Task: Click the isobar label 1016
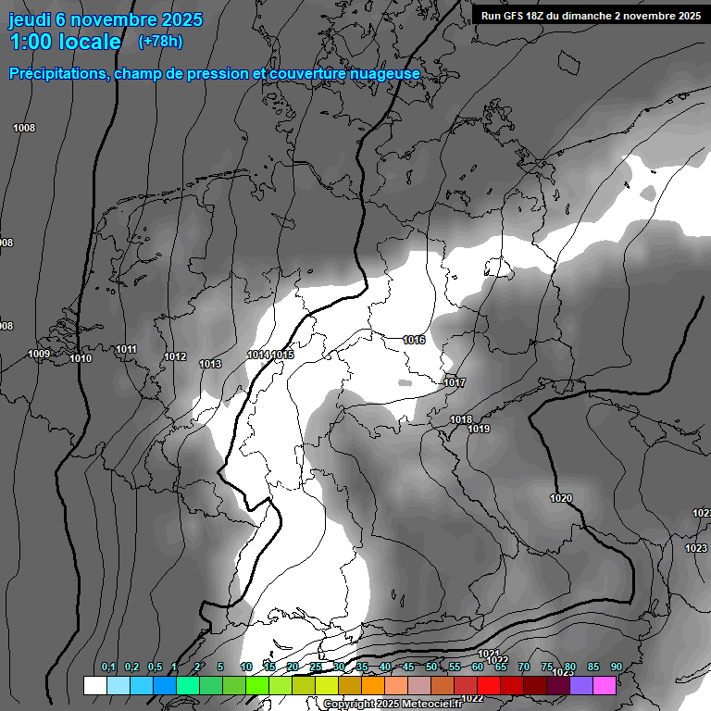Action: tap(414, 340)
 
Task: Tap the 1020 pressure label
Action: tap(561, 498)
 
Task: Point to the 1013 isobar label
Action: tap(210, 364)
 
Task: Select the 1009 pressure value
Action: tap(39, 354)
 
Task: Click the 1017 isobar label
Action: tap(455, 382)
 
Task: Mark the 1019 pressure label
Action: tap(479, 429)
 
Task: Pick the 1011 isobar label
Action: tap(127, 349)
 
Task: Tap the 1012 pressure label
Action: tap(175, 356)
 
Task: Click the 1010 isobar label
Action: tap(81, 358)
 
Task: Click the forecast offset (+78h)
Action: tap(160, 41)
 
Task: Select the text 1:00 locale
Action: tap(66, 42)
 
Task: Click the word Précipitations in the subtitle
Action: tap(55, 73)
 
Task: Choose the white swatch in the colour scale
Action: tap(94, 685)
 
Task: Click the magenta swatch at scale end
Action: tap(605, 685)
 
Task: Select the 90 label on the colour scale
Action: tap(616, 667)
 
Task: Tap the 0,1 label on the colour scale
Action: tap(108, 667)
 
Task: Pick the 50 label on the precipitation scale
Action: tap(431, 667)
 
